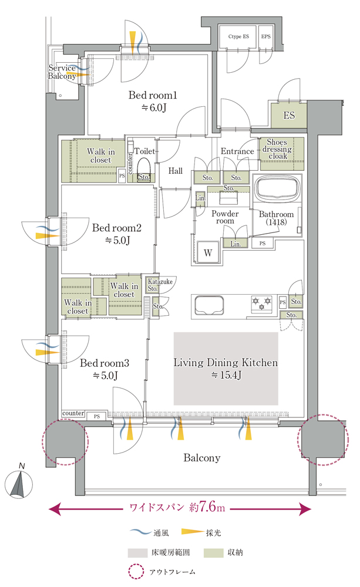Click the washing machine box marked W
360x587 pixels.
coord(208,252)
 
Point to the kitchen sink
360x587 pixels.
coord(209,306)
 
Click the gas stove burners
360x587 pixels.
coord(261,303)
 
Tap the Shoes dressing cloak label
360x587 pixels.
coord(277,149)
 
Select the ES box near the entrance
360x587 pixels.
coord(289,115)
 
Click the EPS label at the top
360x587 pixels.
coord(266,36)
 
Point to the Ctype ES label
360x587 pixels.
coord(238,36)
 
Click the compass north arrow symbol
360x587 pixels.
coord(19,484)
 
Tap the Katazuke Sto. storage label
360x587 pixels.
coord(160,285)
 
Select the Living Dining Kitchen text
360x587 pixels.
coord(226,362)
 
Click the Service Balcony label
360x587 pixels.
coord(62,72)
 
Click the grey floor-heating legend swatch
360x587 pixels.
coord(137,552)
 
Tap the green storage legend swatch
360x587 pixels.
coord(214,552)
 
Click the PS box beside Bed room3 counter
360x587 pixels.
coord(97,416)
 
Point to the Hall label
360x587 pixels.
coord(176,171)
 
